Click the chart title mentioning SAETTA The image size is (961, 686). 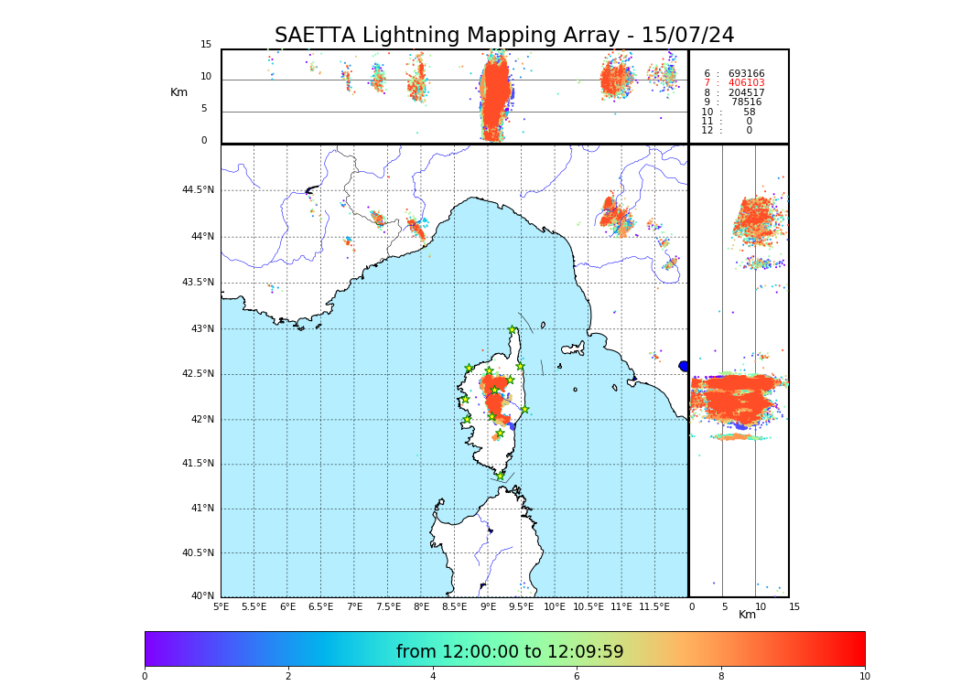pyautogui.click(x=504, y=36)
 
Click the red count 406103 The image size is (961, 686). pyautogui.click(x=746, y=83)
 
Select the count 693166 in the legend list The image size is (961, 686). pyautogui.click(x=746, y=73)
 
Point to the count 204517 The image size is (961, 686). pyautogui.click(x=746, y=92)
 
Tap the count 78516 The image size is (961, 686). pyautogui.click(x=746, y=102)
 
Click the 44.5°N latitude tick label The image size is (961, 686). pyautogui.click(x=198, y=190)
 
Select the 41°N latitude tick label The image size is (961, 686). pyautogui.click(x=201, y=509)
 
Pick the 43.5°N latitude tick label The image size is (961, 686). pyautogui.click(x=198, y=282)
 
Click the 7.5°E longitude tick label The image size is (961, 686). pyautogui.click(x=388, y=606)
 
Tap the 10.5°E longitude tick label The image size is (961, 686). pyautogui.click(x=588, y=606)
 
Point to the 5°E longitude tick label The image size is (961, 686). pyautogui.click(x=221, y=606)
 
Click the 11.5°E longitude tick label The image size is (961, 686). pyautogui.click(x=655, y=606)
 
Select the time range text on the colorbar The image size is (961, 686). pyautogui.click(x=510, y=652)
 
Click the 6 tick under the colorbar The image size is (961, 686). pyautogui.click(x=577, y=677)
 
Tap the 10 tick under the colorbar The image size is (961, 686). pyautogui.click(x=864, y=677)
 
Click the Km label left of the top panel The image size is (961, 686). pyautogui.click(x=178, y=92)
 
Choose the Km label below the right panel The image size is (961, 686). pyautogui.click(x=747, y=615)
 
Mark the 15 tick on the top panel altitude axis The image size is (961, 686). pyautogui.click(x=206, y=45)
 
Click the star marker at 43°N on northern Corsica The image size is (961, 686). pyautogui.click(x=513, y=330)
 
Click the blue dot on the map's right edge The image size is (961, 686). pyautogui.click(x=684, y=366)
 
